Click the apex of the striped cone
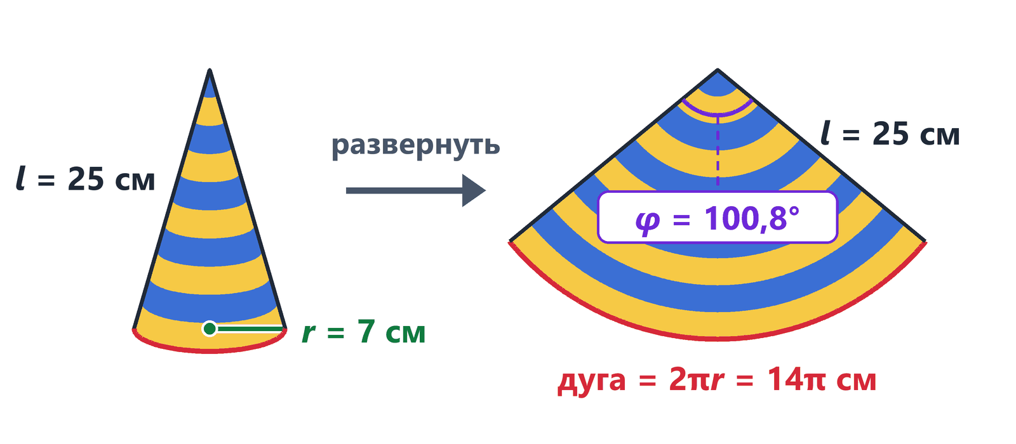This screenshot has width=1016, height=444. [210, 70]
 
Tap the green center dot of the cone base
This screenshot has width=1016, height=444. [210, 329]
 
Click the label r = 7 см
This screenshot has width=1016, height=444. [363, 332]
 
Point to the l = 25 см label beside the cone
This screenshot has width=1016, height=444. [85, 178]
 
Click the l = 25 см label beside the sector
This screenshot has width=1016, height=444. [890, 134]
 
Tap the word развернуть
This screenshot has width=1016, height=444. [415, 145]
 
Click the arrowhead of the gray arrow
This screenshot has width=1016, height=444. [474, 190]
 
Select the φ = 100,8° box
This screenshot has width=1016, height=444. [718, 218]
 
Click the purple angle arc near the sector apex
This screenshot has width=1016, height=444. [718, 115]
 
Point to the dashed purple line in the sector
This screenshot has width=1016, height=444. [718, 151]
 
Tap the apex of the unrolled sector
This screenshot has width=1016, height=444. [718, 70]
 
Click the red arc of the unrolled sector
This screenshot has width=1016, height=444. [718, 338]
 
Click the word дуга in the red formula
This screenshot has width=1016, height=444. [592, 381]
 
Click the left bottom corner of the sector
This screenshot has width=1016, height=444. [510, 242]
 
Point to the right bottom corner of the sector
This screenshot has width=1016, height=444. [925, 242]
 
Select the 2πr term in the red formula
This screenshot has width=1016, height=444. [696, 380]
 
